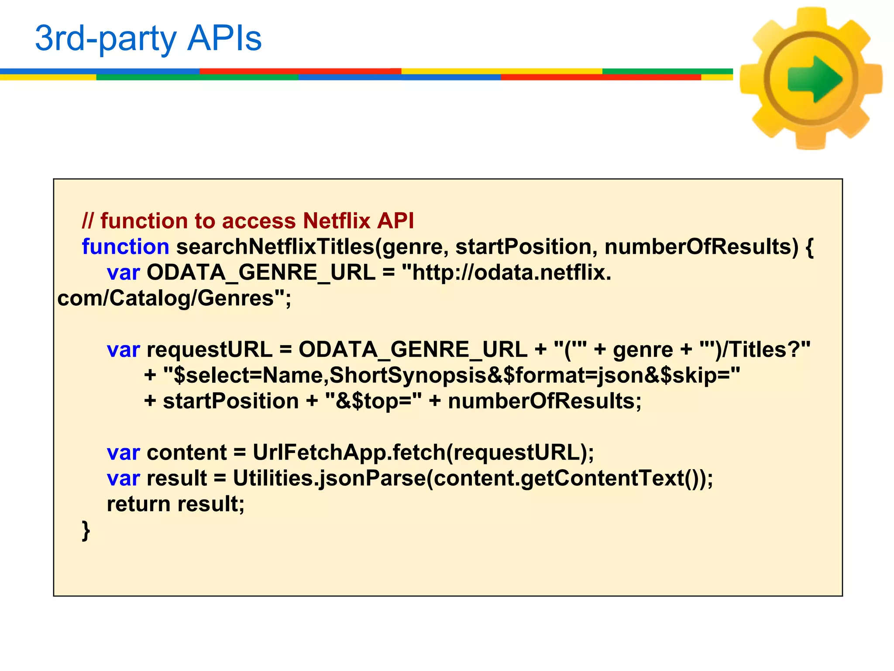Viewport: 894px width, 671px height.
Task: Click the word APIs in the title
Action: (x=224, y=38)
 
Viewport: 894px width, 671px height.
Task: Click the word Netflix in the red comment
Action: (x=336, y=221)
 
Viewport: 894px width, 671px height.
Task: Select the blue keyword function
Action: (x=125, y=247)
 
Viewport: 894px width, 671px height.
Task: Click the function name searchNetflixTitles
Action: (x=275, y=247)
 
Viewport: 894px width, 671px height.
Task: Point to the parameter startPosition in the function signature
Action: (x=523, y=247)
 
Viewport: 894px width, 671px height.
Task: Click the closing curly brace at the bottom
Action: (x=86, y=531)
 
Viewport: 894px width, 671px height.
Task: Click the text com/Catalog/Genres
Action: (x=166, y=298)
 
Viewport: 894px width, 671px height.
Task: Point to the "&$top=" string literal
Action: (x=374, y=401)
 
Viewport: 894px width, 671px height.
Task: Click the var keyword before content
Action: (x=123, y=453)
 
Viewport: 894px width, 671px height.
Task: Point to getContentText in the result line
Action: (x=602, y=478)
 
